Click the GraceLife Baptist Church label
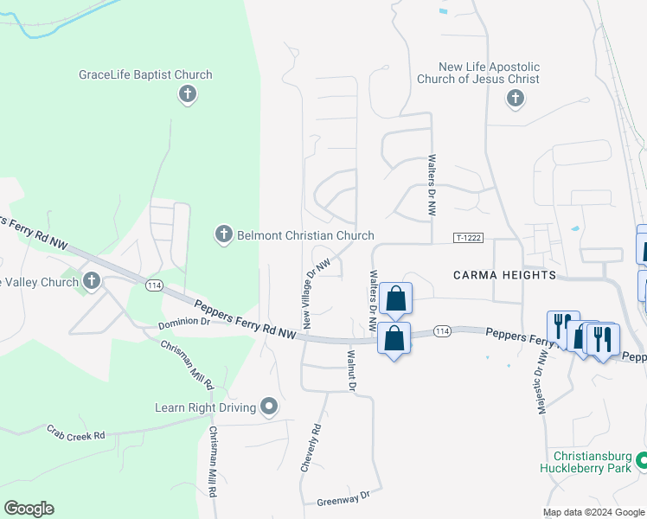pyautogui.click(x=145, y=74)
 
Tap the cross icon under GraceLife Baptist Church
pyautogui.click(x=187, y=94)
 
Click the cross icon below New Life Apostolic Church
pyautogui.click(x=515, y=97)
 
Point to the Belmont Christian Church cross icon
pyautogui.click(x=223, y=234)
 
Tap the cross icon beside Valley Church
pyautogui.click(x=92, y=280)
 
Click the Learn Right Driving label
pyautogui.click(x=205, y=407)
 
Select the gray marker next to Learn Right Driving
pyautogui.click(x=269, y=406)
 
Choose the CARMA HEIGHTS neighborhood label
pyautogui.click(x=503, y=275)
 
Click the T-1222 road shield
pyautogui.click(x=465, y=237)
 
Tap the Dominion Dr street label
pyautogui.click(x=184, y=323)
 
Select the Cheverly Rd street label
pyautogui.click(x=311, y=446)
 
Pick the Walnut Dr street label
pyautogui.click(x=351, y=369)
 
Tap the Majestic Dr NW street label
pyautogui.click(x=542, y=381)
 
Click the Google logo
pyautogui.click(x=29, y=509)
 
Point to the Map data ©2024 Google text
pyautogui.click(x=593, y=512)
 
